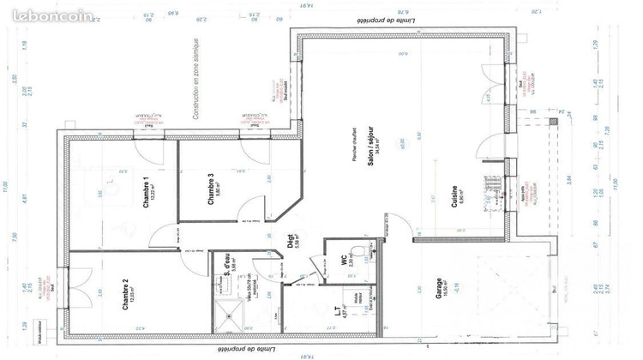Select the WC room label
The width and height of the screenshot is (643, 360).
(340, 262)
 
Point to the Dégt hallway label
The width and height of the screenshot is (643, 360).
(291, 249)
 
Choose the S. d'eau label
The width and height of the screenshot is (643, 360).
(225, 263)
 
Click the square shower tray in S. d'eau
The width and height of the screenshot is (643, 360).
(229, 317)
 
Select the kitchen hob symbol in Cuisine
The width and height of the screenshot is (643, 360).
(492, 182)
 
